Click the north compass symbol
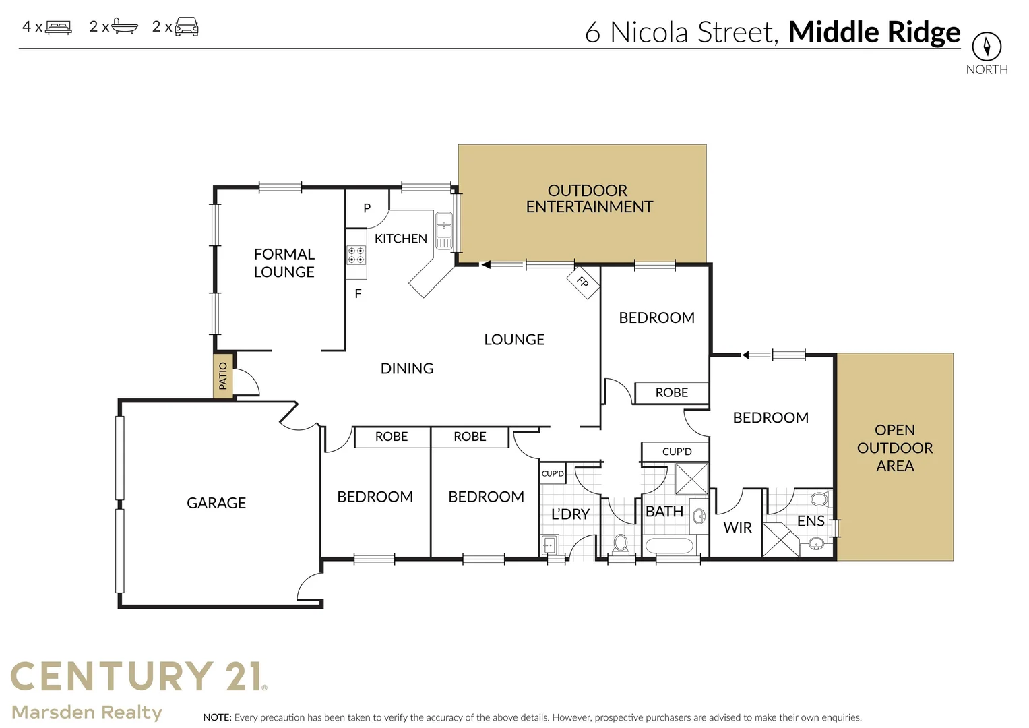pos(986,47)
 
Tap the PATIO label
pos(223,375)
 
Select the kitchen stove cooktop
pos(356,255)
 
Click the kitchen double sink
pos(443,231)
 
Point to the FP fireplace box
pos(582,282)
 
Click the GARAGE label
pos(216,503)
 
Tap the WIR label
pos(737,528)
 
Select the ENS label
pos(810,521)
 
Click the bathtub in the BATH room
pos(668,545)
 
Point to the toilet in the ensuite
pos(819,499)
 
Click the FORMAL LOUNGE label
pos(284,263)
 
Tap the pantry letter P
pos(367,208)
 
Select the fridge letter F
pos(358,294)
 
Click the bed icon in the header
pos(59,28)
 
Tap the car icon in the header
pos(187,27)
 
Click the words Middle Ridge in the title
pos(874,32)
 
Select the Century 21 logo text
pos(138,677)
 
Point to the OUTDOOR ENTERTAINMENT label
pos(588,199)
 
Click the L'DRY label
pos(570,514)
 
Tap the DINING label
pos(406,368)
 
